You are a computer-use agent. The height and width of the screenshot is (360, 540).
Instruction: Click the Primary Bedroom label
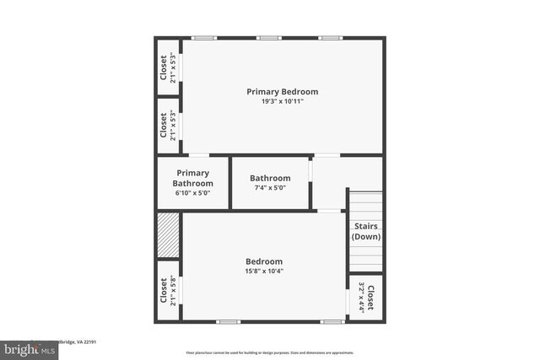(x=282, y=91)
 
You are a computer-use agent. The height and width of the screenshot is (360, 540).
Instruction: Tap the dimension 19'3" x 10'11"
(x=282, y=101)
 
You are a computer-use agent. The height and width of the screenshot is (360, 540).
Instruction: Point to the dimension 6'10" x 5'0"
(x=192, y=193)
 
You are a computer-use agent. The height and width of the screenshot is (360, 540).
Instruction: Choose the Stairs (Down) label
(x=365, y=231)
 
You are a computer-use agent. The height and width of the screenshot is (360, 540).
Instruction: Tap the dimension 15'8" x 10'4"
(x=264, y=271)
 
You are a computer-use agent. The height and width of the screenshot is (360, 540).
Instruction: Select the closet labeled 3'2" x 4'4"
(x=365, y=297)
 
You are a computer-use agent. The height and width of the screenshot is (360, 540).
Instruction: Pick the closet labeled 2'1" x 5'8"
(x=168, y=291)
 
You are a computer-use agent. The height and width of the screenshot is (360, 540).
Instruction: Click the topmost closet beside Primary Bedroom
(x=168, y=68)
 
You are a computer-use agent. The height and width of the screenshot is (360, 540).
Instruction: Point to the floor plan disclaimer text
(x=269, y=352)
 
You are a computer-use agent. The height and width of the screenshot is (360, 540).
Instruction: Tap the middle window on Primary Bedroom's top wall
(x=269, y=38)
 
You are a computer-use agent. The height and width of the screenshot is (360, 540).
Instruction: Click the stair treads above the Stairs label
(x=365, y=205)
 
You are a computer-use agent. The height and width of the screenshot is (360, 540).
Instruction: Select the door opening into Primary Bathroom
(x=199, y=155)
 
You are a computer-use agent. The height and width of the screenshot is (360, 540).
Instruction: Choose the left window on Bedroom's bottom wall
(x=228, y=321)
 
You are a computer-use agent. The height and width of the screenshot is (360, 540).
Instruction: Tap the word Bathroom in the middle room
(x=270, y=178)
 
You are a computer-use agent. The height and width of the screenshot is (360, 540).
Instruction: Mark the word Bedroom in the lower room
(x=264, y=261)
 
